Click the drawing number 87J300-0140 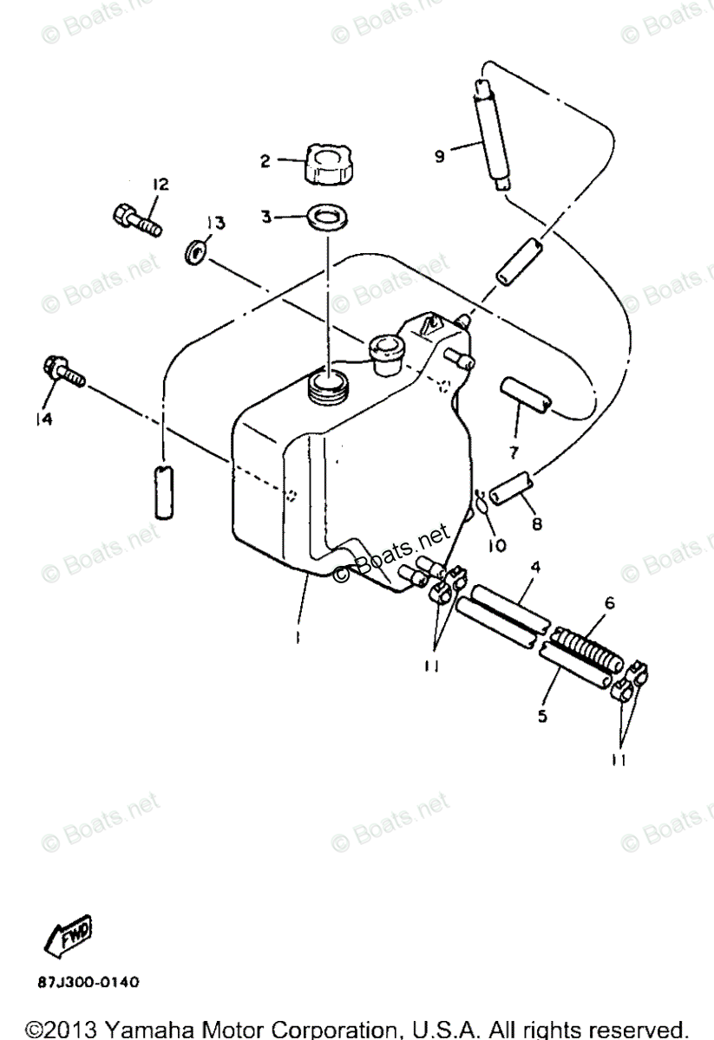[87, 983]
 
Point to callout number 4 [536, 568]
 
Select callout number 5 [542, 717]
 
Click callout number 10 [498, 546]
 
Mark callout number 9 [439, 156]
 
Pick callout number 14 [43, 420]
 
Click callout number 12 [160, 184]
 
